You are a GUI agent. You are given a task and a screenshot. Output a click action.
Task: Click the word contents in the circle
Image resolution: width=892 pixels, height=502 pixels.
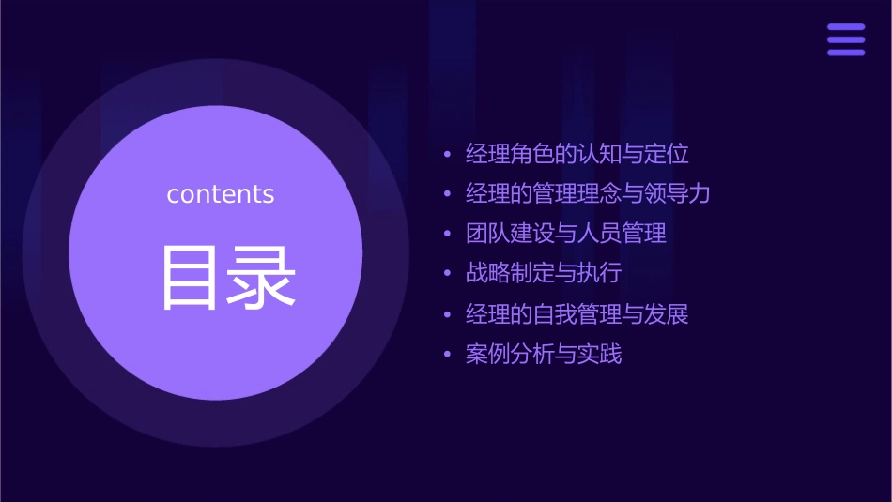(x=221, y=194)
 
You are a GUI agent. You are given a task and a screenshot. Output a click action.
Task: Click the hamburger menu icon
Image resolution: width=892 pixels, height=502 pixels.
(x=845, y=40)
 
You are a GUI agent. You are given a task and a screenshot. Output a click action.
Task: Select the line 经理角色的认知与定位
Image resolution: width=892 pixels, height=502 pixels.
(x=577, y=154)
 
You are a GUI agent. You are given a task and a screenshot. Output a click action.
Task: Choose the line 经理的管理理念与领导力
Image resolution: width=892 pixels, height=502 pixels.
(x=588, y=194)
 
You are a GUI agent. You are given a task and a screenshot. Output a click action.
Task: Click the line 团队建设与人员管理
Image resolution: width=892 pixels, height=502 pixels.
(x=566, y=234)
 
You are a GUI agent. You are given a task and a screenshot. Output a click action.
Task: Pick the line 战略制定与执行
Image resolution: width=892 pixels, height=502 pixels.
(x=544, y=274)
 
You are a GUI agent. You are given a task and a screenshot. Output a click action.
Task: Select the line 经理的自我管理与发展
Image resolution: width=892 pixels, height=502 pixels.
(x=577, y=314)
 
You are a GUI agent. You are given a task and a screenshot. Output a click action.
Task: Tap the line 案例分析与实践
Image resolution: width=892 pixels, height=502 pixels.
(x=544, y=355)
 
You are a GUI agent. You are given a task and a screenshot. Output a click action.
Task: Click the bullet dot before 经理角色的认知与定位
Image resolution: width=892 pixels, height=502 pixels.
(x=447, y=154)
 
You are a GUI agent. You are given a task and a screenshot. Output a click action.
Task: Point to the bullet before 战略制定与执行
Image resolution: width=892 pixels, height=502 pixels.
(x=447, y=274)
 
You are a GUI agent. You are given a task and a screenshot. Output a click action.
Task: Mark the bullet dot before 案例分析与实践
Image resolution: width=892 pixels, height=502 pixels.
(x=447, y=355)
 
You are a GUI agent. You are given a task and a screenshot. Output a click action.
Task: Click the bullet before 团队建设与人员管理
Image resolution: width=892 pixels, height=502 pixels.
(x=447, y=234)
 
